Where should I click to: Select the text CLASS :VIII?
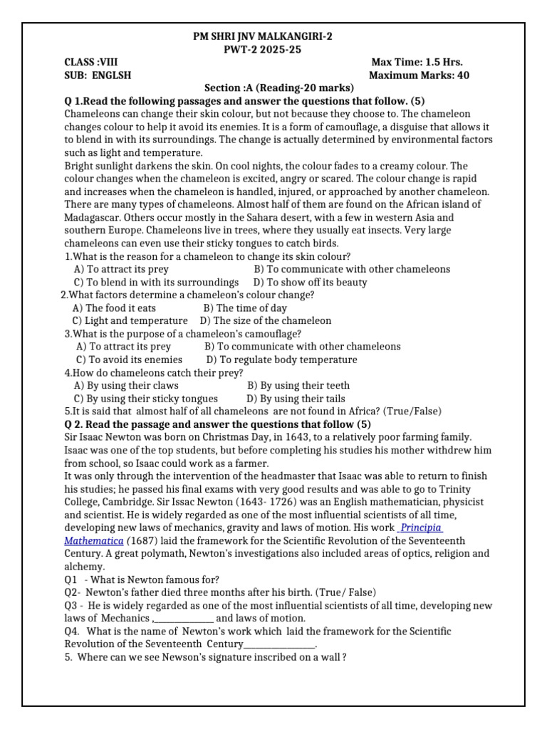(90, 62)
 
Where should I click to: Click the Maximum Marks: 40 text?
(420, 75)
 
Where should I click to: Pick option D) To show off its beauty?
(311, 282)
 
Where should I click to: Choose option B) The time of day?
(245, 308)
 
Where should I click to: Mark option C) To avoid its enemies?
(129, 360)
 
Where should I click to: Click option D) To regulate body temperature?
(282, 360)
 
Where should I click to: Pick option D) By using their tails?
(296, 398)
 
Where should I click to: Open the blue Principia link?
(421, 528)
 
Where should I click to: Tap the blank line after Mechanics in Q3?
(184, 618)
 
